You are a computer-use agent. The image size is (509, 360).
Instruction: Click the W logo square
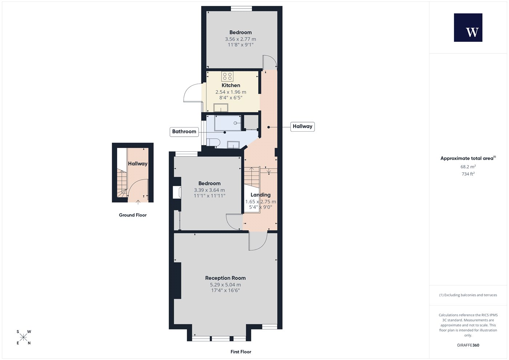coord(468,28)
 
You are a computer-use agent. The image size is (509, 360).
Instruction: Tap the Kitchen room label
coord(231,85)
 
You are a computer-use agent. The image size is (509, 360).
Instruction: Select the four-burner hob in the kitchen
coord(227,76)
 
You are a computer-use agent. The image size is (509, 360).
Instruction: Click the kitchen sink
coord(221,108)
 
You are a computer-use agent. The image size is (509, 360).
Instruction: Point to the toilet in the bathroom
coord(213,143)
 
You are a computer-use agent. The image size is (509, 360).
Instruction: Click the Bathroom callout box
coord(184,132)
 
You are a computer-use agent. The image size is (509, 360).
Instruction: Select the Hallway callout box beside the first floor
coord(302,127)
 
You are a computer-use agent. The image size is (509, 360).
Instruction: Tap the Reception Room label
coord(225,278)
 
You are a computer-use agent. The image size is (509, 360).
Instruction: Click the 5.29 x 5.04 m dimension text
coord(225,284)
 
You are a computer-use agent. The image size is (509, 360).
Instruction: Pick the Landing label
coord(261,195)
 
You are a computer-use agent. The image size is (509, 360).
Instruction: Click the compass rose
coord(23,337)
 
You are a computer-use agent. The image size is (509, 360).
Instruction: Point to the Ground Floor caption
coord(133,215)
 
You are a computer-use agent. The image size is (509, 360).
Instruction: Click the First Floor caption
coord(241,352)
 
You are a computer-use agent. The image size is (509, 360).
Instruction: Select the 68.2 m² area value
coord(468,167)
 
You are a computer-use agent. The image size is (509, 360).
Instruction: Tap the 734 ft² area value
coord(468,174)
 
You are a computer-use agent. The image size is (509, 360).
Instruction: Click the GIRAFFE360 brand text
coord(468,345)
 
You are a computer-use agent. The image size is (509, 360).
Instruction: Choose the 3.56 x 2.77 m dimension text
coord(241,39)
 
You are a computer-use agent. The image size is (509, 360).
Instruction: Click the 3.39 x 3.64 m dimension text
coord(209,190)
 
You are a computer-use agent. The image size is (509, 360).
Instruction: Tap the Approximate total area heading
coord(468,158)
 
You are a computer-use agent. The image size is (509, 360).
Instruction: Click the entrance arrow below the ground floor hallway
coord(138,202)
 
